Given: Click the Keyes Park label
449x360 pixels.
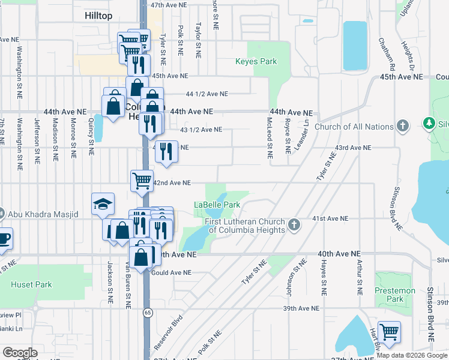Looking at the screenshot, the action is coord(256,61).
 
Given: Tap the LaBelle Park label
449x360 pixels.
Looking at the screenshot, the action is coord(217,205).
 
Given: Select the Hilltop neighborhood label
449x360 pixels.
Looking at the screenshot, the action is coord(98,16).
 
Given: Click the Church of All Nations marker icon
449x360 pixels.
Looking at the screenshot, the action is coord(402,127).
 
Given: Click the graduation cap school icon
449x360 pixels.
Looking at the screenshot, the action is coord(103,205).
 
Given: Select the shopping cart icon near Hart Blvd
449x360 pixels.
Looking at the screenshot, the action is coord(390,332).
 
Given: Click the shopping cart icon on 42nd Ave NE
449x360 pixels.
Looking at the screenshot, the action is coord(142,180).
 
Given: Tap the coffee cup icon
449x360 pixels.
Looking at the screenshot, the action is coord(4,238).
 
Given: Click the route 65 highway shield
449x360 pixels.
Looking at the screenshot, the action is coord(147,313).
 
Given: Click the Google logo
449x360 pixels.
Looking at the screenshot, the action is coord(20,353).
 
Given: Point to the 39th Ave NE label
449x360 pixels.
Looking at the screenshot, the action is coord(301,308).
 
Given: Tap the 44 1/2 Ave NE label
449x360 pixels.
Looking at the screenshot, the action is coord(206,94).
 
